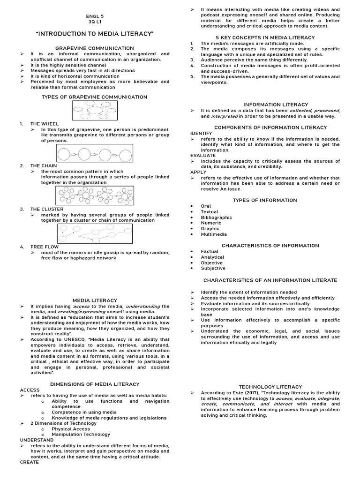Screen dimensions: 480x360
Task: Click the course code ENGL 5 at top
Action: tap(95, 16)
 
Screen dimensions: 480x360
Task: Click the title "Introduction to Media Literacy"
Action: tap(95, 34)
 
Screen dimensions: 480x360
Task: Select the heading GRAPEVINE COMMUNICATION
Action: tap(95, 48)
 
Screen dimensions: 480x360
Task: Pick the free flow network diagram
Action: tap(95, 233)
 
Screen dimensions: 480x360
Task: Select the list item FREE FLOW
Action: tap(45, 247)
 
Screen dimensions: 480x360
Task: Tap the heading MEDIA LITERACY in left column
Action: tap(95, 300)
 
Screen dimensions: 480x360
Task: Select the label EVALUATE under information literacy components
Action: tap(203, 156)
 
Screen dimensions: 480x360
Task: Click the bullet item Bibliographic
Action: tap(216, 217)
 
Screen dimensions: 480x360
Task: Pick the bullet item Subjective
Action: tap(213, 269)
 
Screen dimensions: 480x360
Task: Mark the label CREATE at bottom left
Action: tap(29, 462)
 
